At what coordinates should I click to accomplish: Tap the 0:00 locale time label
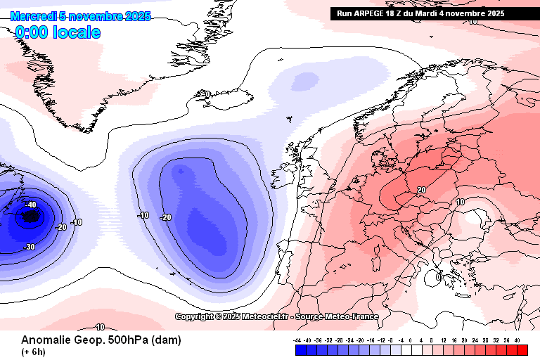pos(58,32)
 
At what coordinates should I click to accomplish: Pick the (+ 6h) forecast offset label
pos(34,352)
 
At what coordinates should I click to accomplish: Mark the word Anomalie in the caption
pos(45,340)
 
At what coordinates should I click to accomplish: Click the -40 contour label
pos(30,205)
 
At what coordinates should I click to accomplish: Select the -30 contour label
pos(30,247)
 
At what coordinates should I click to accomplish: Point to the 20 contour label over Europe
pos(421,190)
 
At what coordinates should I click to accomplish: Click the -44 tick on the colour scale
pos(298,340)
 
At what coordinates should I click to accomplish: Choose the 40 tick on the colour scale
pos(517,340)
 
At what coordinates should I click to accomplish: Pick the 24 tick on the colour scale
pos(475,340)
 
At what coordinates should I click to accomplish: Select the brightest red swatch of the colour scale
pos(522,349)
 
